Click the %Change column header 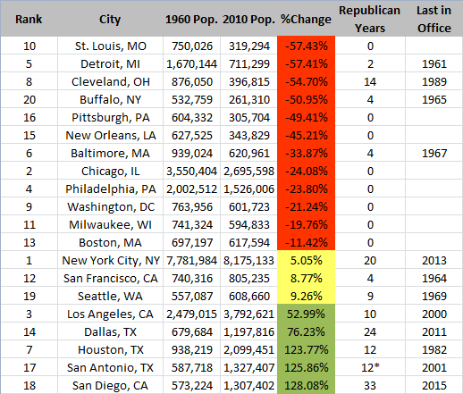(x=300, y=19)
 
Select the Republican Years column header (x=370, y=19)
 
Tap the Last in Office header (x=433, y=19)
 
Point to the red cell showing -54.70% (x=300, y=79)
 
